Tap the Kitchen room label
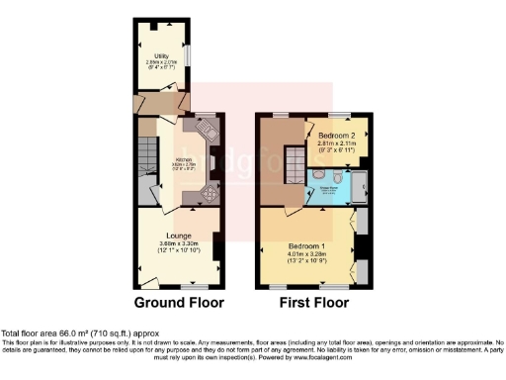[x=183, y=157]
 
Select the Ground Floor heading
[x=179, y=302]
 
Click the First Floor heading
[x=309, y=302]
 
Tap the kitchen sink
[x=208, y=128]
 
